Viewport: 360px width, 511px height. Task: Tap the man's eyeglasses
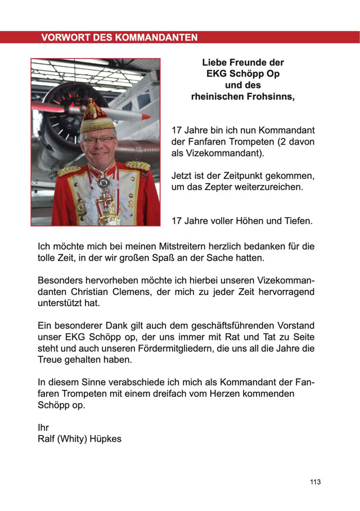tap(98, 140)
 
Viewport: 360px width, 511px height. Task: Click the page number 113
tap(315, 482)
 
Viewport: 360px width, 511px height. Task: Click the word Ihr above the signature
tap(43, 428)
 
